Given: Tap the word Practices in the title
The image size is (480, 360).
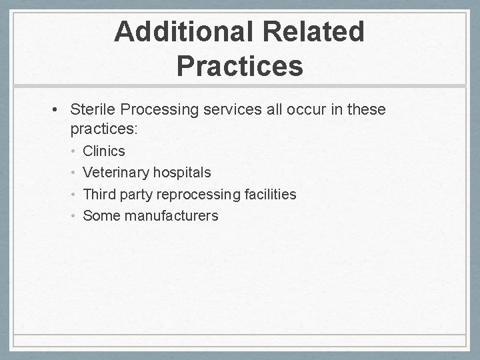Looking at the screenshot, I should point(240,66).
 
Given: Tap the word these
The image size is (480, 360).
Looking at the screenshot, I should point(365,109).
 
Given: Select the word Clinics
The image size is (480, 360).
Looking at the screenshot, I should point(103,151).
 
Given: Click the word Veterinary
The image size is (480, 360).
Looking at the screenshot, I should point(115,173).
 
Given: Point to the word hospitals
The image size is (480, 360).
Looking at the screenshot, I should point(182,173).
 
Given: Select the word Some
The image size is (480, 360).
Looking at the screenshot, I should point(99,215).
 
